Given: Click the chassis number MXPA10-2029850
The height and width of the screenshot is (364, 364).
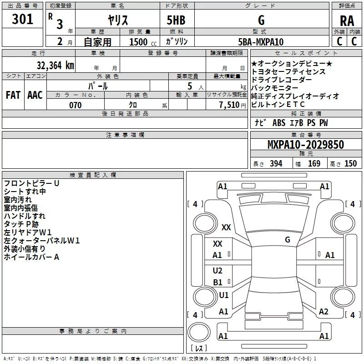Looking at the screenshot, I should [305, 145].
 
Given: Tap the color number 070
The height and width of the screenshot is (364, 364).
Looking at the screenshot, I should [75, 105].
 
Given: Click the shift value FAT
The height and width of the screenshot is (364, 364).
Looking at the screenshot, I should [13, 95].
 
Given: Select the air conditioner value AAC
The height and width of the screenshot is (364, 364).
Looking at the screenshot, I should [35, 95].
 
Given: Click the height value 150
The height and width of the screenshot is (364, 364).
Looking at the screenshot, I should [350, 164].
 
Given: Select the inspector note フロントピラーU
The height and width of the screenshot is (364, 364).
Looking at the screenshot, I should [31, 183].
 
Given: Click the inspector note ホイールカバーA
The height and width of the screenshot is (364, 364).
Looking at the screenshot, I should [31, 257].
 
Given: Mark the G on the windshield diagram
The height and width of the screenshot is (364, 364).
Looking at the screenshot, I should [288, 240].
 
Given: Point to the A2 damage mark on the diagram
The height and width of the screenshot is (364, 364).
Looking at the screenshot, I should [324, 312].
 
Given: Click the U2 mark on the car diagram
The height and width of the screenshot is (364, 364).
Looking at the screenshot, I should [217, 271].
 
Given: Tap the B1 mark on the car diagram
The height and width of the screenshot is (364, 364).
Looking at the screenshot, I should [217, 283].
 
